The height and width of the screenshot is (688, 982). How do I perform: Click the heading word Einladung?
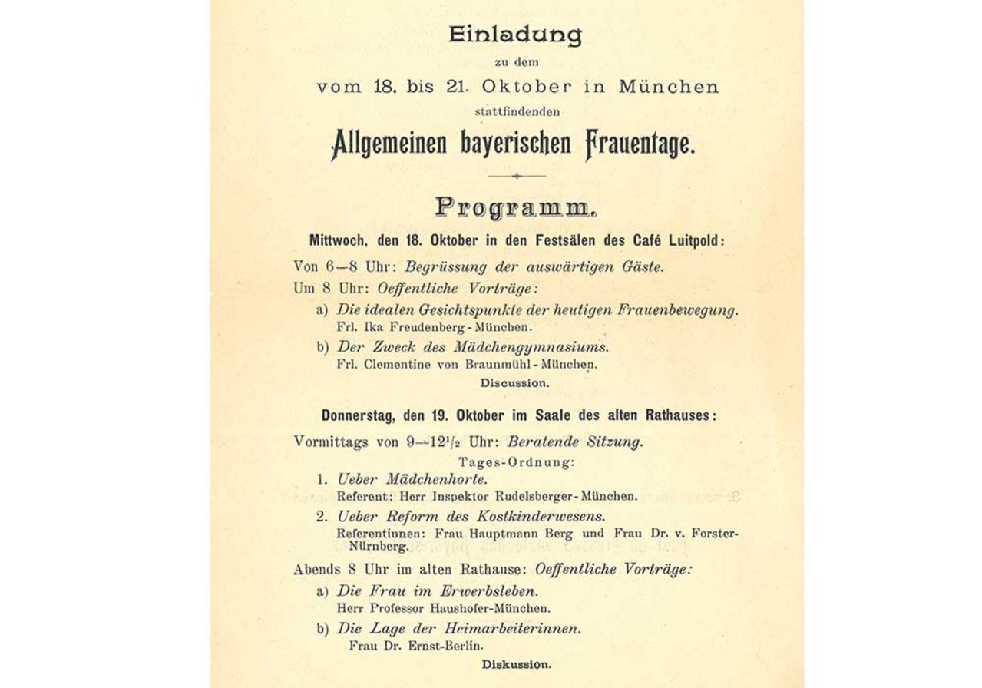tap(515, 35)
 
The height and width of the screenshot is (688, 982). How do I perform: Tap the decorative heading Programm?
tap(515, 207)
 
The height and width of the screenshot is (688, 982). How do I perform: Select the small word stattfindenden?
tap(517, 111)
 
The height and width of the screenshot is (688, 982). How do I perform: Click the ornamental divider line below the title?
tap(516, 176)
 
